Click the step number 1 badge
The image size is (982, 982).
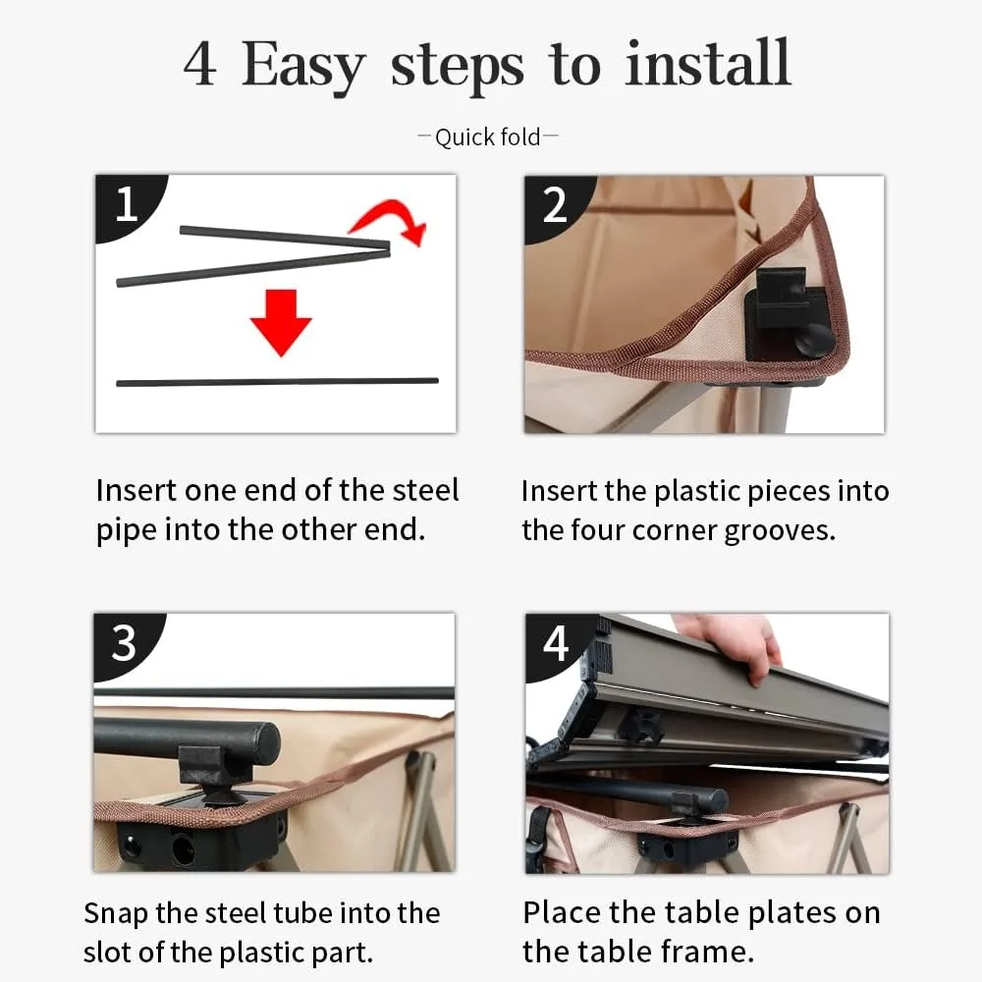(x=127, y=205)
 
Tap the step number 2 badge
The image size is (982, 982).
(x=555, y=205)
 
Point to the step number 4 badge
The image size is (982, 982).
(x=556, y=644)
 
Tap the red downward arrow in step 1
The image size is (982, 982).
(x=281, y=322)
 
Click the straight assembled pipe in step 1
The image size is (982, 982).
(x=278, y=381)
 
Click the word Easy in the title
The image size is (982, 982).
(x=303, y=66)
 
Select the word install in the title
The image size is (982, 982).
(x=708, y=63)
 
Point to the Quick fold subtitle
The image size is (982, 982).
(x=487, y=137)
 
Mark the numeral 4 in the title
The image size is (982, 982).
(x=201, y=64)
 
